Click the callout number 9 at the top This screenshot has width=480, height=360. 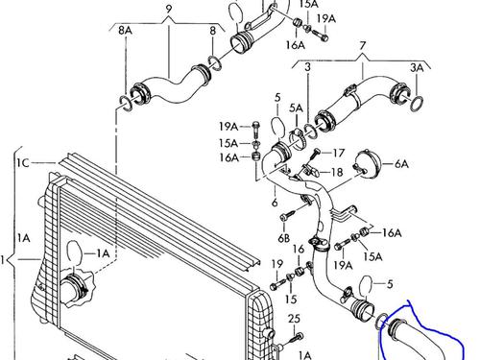pos(169,9)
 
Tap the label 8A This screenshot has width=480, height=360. pos(125,31)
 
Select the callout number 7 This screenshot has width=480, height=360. pos(362,46)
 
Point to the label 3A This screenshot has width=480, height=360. pos(417,67)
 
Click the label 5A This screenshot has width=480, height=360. pos(296,108)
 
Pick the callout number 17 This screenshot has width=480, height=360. pos(338,153)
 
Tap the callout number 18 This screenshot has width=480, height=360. pos(336,173)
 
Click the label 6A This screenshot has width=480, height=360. pos(401,164)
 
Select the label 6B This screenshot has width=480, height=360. pos(283,238)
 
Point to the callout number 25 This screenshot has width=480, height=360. pos(294,319)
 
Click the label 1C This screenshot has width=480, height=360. pos(23,163)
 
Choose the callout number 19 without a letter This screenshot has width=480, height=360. pos(277,264)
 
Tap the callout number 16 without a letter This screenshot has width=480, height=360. pos(299,249)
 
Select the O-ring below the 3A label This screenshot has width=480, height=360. pos(417,104)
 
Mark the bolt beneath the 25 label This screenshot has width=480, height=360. pos(297,338)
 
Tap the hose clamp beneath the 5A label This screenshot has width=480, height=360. pos(298,139)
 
